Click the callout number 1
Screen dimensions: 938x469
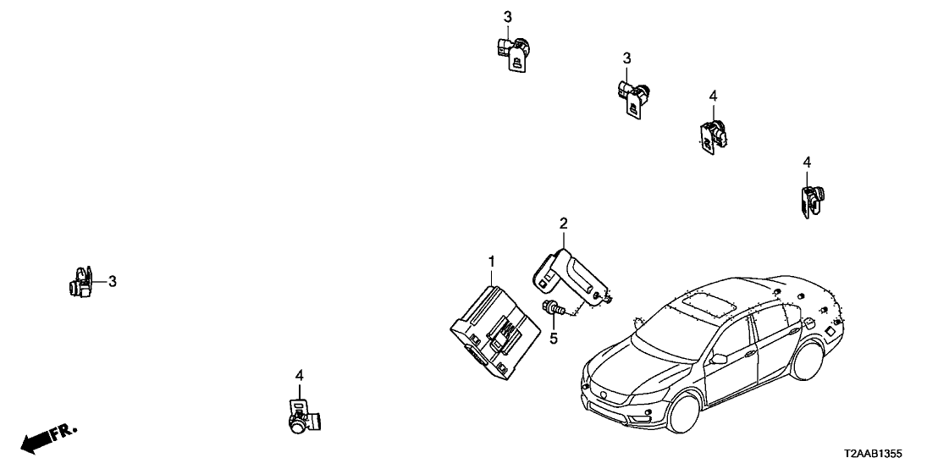coord(491,262)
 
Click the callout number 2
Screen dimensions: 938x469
coord(563,223)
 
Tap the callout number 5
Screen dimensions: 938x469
coord(554,339)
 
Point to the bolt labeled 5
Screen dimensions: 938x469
coord(554,309)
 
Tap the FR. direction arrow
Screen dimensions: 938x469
coord(48,439)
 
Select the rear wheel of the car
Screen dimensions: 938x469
coord(807,360)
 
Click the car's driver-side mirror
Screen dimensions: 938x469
coord(717,359)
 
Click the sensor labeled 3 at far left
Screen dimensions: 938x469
coord(81,283)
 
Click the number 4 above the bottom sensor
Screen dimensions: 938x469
coord(299,376)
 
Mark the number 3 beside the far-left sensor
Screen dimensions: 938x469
coord(113,281)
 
